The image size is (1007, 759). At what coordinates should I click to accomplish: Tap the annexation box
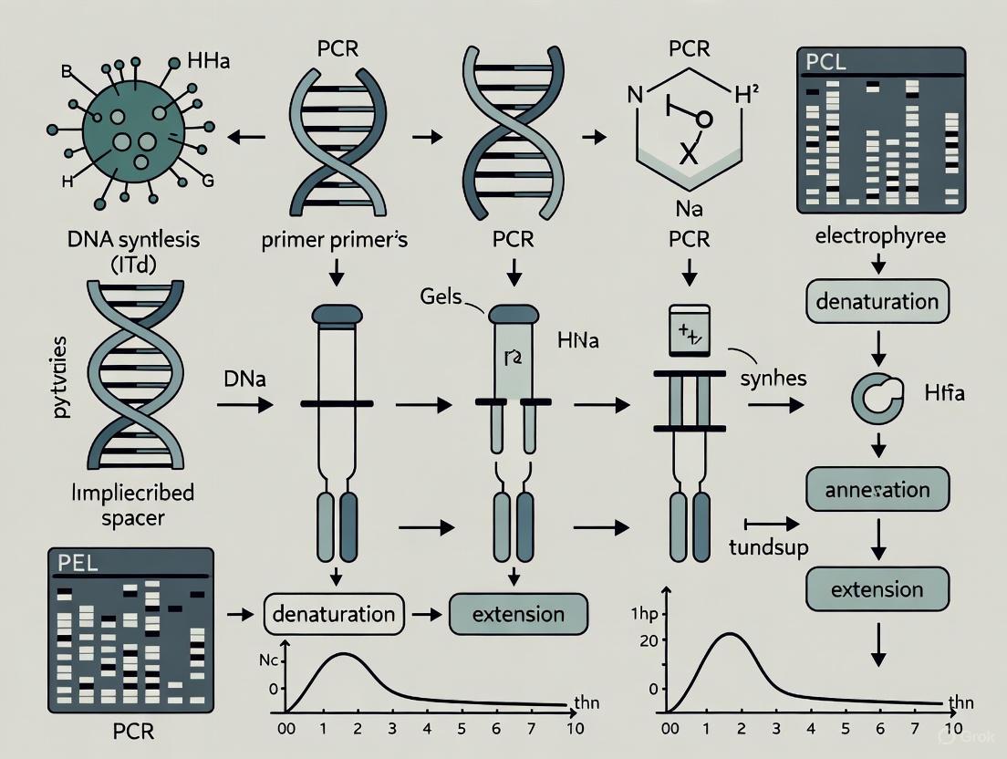click(x=877, y=491)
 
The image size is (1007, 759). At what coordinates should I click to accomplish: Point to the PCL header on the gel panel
click(x=828, y=63)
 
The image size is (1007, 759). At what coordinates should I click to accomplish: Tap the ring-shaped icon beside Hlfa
click(x=872, y=396)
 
